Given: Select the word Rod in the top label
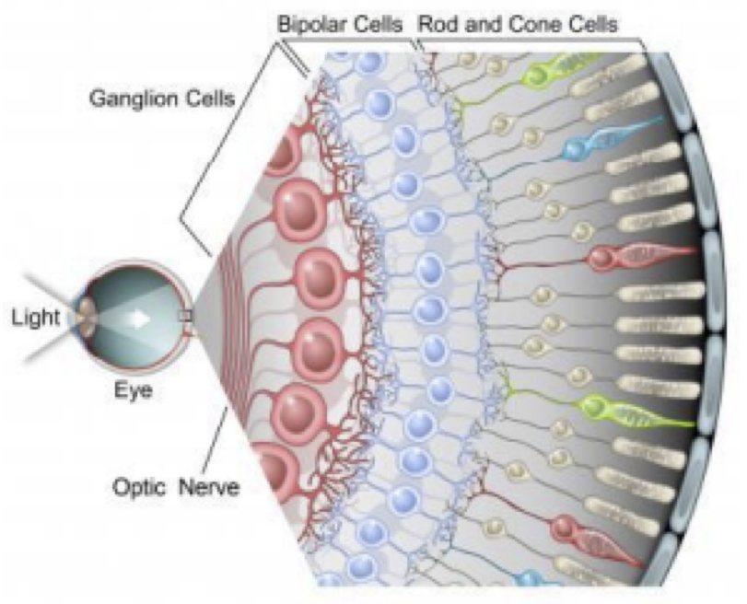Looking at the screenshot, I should click(438, 25).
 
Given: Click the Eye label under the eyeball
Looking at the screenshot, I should click(133, 390).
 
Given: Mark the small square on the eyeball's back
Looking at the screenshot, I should click(188, 317).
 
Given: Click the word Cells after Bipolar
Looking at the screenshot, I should click(375, 25).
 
